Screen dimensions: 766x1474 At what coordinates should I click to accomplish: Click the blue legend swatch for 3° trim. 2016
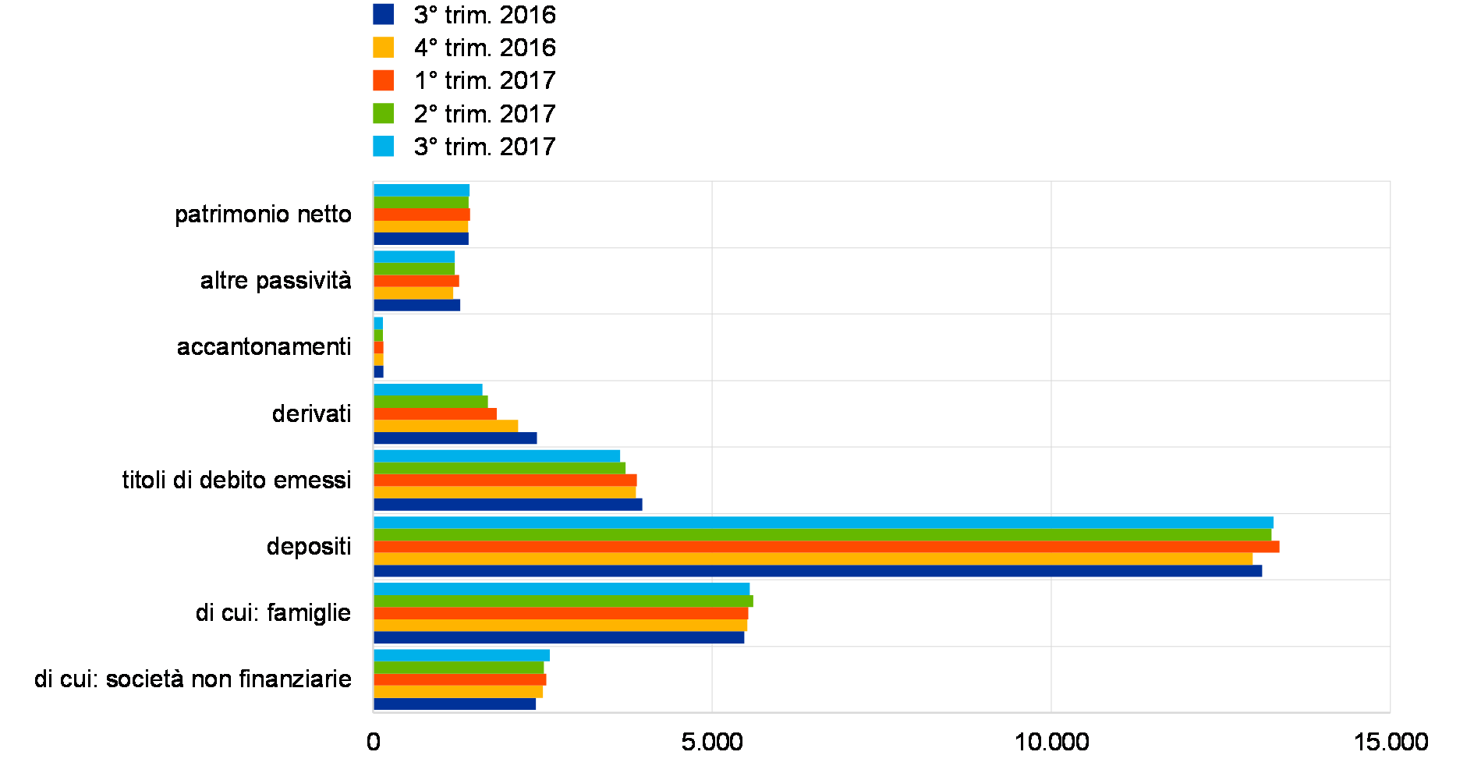click(x=383, y=14)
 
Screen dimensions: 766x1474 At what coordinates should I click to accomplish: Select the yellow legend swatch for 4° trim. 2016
click(x=383, y=47)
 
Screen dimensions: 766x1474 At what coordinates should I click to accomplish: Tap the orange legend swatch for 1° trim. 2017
click(x=383, y=80)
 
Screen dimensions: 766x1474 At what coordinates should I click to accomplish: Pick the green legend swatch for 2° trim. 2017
click(x=383, y=113)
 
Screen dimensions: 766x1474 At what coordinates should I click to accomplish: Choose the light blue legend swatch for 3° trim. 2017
click(x=383, y=146)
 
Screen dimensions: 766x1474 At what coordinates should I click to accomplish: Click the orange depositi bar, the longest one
click(x=827, y=547)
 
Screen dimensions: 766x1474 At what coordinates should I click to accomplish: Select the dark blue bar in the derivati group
click(x=455, y=438)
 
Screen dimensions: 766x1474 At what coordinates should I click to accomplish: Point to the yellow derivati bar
click(x=446, y=426)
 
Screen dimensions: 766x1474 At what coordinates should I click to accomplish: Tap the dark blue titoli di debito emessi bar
click(x=508, y=505)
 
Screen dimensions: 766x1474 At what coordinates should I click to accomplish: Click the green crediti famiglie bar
click(x=563, y=601)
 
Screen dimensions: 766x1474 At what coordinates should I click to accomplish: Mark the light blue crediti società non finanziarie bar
click(x=462, y=655)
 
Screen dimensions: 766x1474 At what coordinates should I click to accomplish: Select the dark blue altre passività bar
click(x=417, y=305)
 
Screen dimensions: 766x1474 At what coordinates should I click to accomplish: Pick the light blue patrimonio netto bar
click(x=422, y=190)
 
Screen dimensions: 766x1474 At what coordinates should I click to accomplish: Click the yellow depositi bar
click(x=813, y=559)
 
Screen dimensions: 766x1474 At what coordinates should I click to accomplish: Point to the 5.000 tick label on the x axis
click(x=712, y=741)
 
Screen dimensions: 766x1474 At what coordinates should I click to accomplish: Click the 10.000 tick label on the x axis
click(x=1051, y=741)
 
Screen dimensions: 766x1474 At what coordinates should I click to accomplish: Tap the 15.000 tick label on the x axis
click(x=1391, y=741)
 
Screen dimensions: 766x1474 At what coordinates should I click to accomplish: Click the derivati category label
click(x=307, y=415)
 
